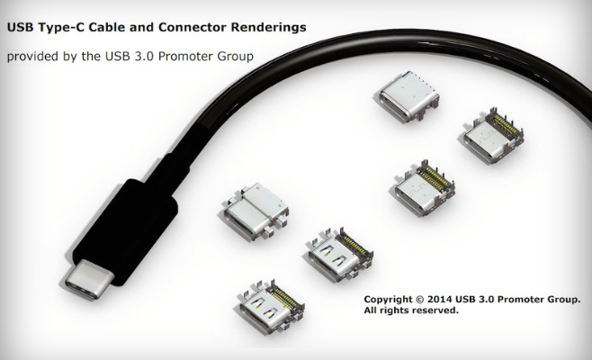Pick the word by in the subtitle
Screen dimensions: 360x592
point(81,57)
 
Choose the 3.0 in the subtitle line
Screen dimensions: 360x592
point(155,57)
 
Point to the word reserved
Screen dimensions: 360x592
point(437,310)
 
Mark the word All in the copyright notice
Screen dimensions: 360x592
point(372,310)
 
